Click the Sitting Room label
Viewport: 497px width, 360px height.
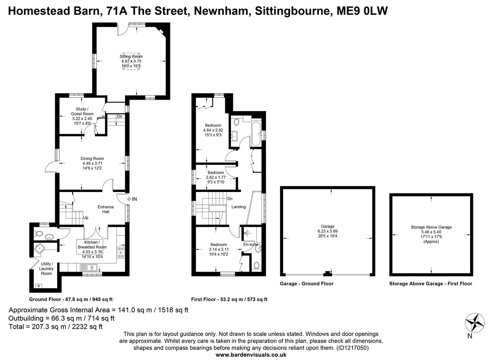(131, 57)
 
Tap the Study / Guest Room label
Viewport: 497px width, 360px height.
(82, 111)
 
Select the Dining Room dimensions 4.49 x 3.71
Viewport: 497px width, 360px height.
(92, 163)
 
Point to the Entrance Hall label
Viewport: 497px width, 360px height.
(106, 209)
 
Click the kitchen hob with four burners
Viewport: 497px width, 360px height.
(121, 252)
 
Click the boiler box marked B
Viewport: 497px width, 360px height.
(38, 286)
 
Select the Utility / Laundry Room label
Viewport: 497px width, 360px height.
(46, 268)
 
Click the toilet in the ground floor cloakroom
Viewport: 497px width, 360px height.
(38, 234)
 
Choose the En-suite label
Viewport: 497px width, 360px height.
(250, 244)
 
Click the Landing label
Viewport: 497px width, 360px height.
(238, 207)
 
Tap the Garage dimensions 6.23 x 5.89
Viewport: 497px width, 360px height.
(327, 231)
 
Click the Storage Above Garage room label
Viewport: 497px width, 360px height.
(431, 227)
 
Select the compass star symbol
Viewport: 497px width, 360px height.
(474, 322)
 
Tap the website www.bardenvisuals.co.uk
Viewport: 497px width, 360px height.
(251, 355)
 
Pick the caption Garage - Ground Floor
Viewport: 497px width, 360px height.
(306, 284)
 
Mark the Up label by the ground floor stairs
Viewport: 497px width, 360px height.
(85, 218)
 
